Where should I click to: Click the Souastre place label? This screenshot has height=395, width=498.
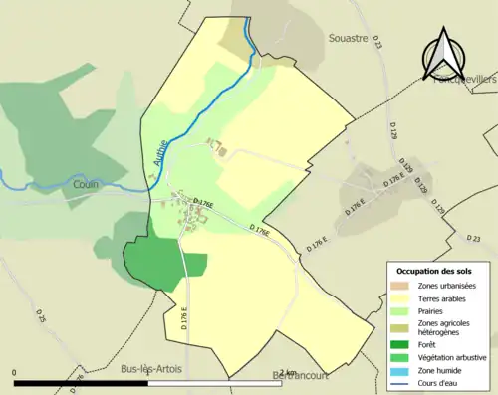[349, 38]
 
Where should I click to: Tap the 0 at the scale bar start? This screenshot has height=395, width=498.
[14, 373]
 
